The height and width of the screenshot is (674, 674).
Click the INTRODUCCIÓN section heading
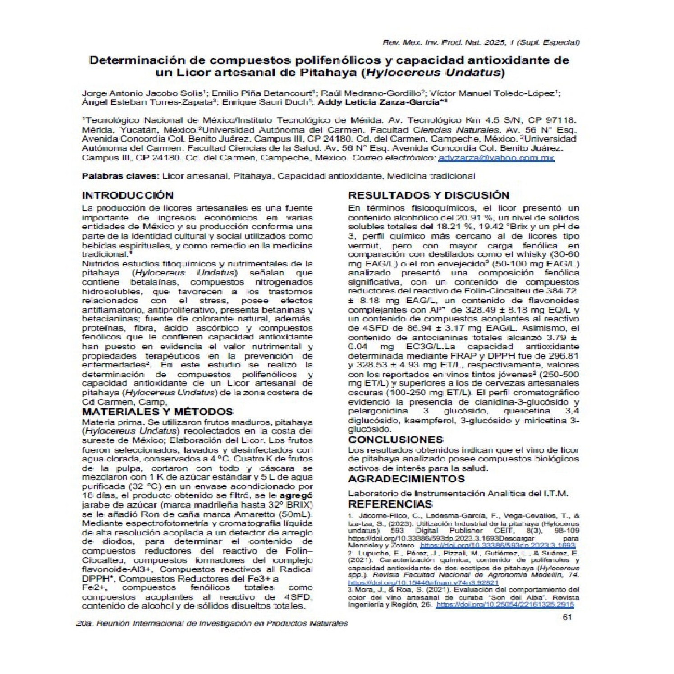pyautogui.click(x=127, y=195)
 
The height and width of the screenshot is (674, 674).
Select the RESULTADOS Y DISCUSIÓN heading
pyautogui.click(x=429, y=195)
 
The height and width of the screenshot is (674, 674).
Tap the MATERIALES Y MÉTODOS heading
pyautogui.click(x=157, y=412)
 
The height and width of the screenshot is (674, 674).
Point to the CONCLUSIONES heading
pyautogui.click(x=395, y=440)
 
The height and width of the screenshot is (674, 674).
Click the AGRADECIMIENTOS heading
pyautogui.click(x=406, y=478)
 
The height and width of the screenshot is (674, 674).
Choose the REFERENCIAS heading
pyautogui.click(x=390, y=504)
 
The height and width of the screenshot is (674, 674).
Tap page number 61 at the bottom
pyautogui.click(x=567, y=618)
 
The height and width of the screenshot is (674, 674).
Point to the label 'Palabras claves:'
pyautogui.click(x=120, y=176)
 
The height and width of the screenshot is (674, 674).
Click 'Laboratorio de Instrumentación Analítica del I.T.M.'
pyautogui.click(x=458, y=493)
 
